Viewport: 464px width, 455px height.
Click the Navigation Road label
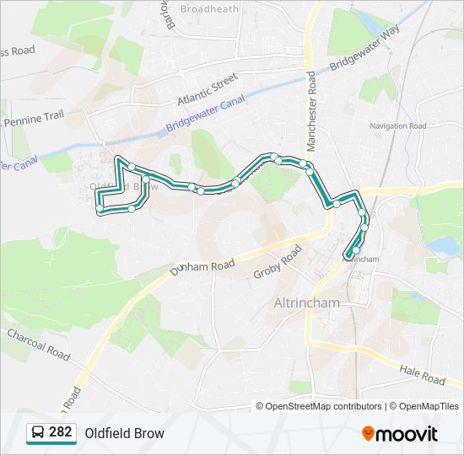397,126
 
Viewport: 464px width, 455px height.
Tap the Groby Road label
278,263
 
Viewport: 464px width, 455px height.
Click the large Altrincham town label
307,302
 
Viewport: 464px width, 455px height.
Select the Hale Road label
422,375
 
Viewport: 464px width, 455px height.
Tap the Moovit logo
399,434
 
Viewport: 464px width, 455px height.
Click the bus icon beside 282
38,433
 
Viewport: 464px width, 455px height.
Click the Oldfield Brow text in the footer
124,433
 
